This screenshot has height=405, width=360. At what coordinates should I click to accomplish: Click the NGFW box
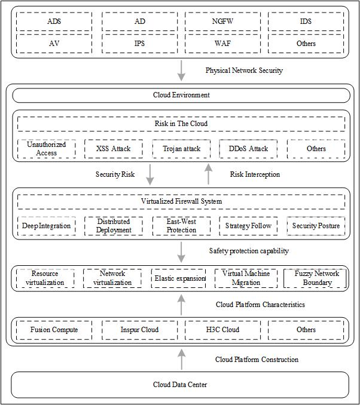(x=222, y=22)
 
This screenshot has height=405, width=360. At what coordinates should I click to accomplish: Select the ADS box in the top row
(x=54, y=22)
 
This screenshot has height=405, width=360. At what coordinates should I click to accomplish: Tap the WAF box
(x=222, y=44)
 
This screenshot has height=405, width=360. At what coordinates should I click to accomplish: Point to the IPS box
(x=140, y=44)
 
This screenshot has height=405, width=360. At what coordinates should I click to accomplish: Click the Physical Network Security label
(x=244, y=70)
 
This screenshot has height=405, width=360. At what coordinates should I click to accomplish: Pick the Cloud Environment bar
(x=181, y=96)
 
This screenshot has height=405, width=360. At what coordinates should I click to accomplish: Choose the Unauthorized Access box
(x=47, y=149)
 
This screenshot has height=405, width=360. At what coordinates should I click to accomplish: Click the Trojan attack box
(x=182, y=149)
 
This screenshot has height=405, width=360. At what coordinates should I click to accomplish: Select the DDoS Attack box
(x=248, y=149)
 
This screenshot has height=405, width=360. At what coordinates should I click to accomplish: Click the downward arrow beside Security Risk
(x=150, y=174)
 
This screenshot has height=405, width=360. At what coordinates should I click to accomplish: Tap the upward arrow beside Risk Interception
(x=209, y=174)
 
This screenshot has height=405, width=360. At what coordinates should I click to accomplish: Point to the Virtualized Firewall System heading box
(x=181, y=201)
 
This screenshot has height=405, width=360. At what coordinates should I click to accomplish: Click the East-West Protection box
(x=182, y=226)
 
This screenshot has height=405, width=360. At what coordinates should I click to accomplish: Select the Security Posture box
(x=316, y=226)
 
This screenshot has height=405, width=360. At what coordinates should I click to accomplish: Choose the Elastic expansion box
(x=178, y=278)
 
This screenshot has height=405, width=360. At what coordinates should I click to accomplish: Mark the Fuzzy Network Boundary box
(x=315, y=278)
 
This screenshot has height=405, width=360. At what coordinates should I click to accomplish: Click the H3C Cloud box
(x=222, y=330)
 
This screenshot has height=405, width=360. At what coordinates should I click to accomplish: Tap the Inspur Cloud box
(x=140, y=330)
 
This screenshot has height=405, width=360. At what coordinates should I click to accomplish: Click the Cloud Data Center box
(x=180, y=385)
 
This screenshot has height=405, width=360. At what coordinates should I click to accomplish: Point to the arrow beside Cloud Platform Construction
(x=182, y=359)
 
